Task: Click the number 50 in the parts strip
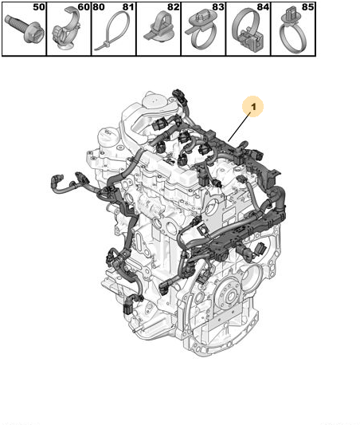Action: click(x=39, y=7)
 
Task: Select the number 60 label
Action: click(x=84, y=7)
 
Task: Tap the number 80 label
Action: click(x=99, y=7)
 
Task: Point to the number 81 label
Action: click(x=128, y=7)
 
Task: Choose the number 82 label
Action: click(x=174, y=7)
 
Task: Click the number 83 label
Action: click(x=218, y=7)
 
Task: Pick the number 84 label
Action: click(x=263, y=7)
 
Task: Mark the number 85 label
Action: click(x=307, y=7)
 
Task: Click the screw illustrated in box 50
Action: click(x=25, y=29)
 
